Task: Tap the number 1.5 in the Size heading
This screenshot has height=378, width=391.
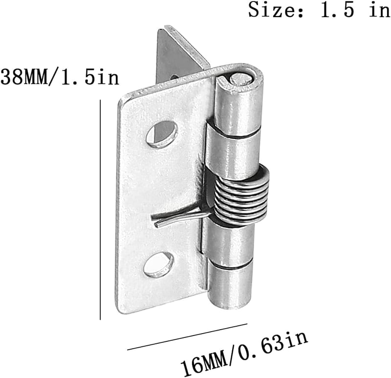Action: [337, 10]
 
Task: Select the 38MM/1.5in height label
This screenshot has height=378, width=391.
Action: [60, 77]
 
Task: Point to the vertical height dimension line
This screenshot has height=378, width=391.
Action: [100, 210]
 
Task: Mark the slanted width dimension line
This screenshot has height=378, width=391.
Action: [187, 336]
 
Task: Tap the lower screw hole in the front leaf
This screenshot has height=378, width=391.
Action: [158, 265]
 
